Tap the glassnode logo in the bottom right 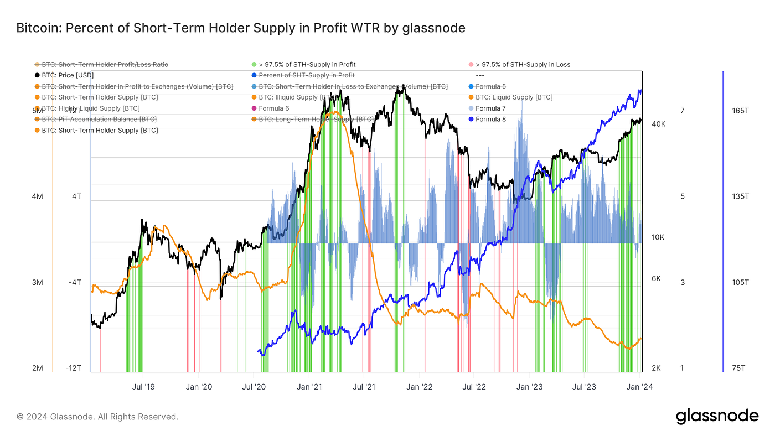pos(717,416)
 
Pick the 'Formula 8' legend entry pos(490,119)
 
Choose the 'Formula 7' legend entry pos(490,108)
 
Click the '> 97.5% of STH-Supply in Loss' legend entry pos(523,65)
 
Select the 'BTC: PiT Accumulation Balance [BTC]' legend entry pos(99,119)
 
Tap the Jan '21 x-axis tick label pos(310,387)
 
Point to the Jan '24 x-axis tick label pos(640,387)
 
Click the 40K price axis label pos(658,124)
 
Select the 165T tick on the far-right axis pos(740,111)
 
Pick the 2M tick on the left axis pos(38,368)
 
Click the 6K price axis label pos(656,278)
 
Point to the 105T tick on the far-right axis pos(740,283)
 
